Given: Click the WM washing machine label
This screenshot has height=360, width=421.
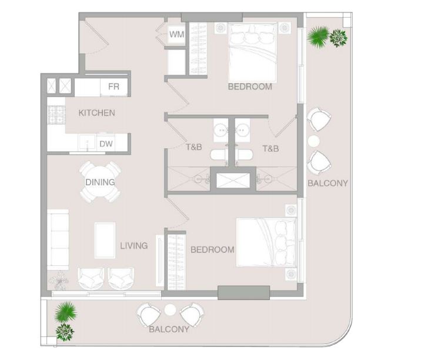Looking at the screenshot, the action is tap(176, 34).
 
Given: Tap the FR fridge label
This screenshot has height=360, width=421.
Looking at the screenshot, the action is tap(113, 86).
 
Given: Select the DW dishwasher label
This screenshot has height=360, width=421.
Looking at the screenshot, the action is tap(106, 144).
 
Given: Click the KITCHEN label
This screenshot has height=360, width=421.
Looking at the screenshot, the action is tap(96, 113).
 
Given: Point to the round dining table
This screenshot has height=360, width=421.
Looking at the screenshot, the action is tap(100, 182).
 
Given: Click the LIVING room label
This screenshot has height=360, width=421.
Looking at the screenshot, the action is tap(133, 245).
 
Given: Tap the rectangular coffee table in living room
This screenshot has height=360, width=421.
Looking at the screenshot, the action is tap(105, 240).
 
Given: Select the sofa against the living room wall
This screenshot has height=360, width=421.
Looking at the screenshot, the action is tap(58, 239).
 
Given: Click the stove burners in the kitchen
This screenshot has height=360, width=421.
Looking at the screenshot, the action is tap(56, 115).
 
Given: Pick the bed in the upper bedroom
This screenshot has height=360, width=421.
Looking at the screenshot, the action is tap(252, 52).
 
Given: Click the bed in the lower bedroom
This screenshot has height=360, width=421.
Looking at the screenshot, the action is tap(266, 242).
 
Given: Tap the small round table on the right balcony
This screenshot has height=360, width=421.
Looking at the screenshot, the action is tap(313, 141).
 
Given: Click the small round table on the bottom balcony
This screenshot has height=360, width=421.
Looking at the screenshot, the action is tap(170, 310).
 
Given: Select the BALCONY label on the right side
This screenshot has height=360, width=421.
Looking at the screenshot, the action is tap(328, 183).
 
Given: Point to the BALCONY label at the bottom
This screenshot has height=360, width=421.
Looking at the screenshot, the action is tap(169, 329).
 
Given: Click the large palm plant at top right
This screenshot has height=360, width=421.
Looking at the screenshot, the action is tap(319, 37).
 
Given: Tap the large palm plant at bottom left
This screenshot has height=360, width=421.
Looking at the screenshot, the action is tap(65, 312).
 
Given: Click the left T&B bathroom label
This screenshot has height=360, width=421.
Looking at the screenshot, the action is tap(194, 147).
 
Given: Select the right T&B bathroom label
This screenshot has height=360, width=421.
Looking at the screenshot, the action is tap(270, 148).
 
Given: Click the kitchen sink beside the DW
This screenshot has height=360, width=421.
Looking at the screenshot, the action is tap(86, 142).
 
